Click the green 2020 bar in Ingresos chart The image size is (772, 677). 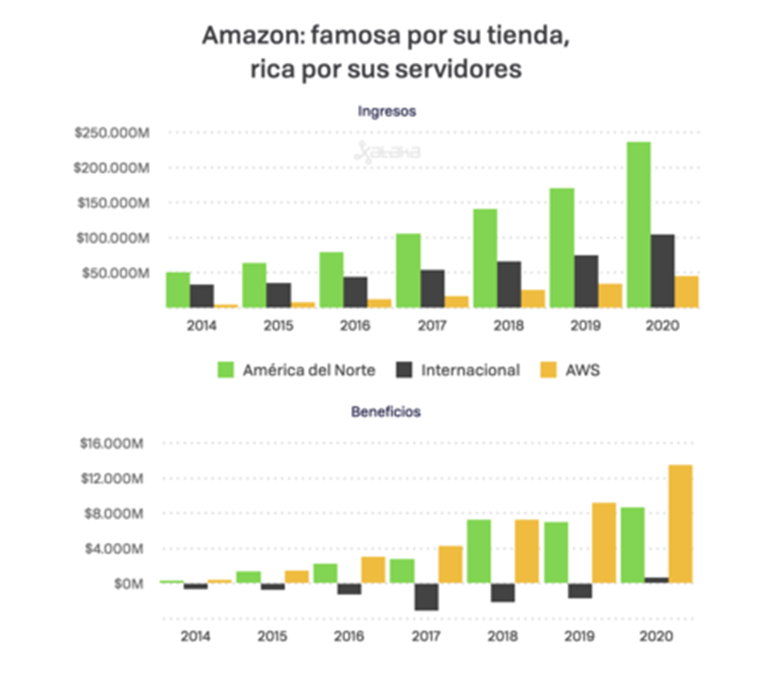[x=638, y=224]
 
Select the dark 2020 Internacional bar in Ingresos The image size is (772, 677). [x=662, y=271]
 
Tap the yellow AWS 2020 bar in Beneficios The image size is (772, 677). [x=680, y=524]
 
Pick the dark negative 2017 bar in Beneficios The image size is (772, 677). [x=425, y=597]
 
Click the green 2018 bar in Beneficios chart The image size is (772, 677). [x=479, y=551]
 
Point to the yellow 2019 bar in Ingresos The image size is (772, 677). [x=610, y=295]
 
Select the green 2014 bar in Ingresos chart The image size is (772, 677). [x=178, y=289]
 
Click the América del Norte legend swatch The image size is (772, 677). [x=225, y=370]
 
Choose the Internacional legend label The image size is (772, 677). [x=470, y=370]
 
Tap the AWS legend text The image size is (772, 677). [x=584, y=370]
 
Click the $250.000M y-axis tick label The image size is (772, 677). [x=111, y=133]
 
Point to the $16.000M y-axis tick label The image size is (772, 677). [x=115, y=443]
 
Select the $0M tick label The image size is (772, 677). [x=127, y=584]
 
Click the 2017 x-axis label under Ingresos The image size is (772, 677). [x=432, y=325]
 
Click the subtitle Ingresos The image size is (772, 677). [x=387, y=111]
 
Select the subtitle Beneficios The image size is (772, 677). [x=386, y=412]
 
